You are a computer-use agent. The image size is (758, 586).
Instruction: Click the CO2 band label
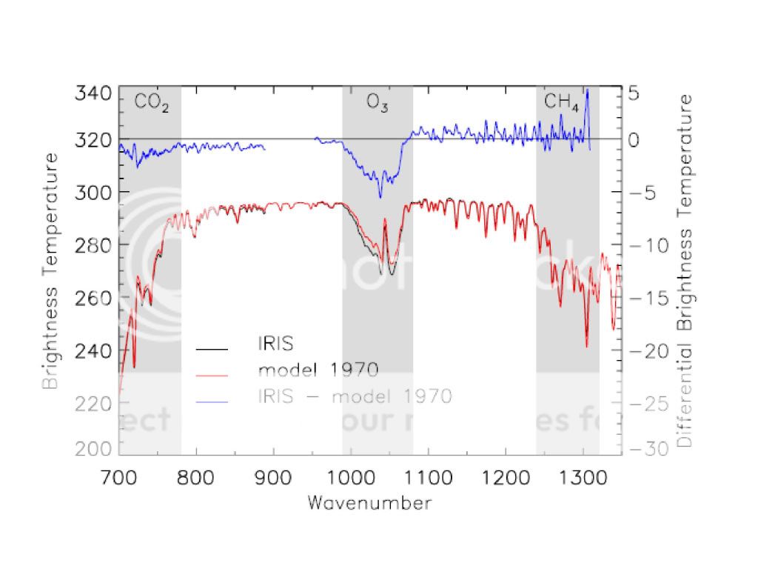[152, 104]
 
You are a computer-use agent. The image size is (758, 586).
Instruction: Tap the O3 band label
[378, 104]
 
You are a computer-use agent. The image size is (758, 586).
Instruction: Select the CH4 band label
[561, 102]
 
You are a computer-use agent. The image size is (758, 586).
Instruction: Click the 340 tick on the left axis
[94, 94]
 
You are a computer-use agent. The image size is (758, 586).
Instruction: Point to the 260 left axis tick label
[94, 298]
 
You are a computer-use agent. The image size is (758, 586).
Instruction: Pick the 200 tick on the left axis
[94, 448]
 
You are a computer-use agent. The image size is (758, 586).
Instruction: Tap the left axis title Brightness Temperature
[50, 270]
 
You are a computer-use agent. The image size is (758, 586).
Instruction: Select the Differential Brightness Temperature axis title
[685, 270]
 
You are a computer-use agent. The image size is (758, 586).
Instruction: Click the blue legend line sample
[212, 399]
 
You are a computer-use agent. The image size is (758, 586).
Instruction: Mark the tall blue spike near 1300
[587, 92]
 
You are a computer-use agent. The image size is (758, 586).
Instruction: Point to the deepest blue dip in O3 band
[380, 197]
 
